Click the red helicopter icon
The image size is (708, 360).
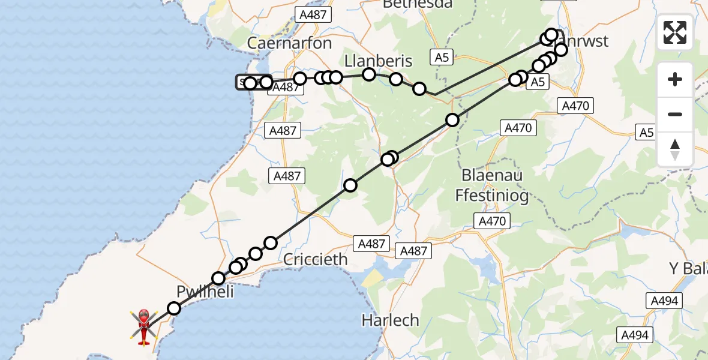[x=144, y=326]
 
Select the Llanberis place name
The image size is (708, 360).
[x=379, y=61]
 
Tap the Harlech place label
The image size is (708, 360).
[x=390, y=320]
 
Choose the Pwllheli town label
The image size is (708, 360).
[x=205, y=292]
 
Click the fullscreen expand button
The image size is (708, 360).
[x=675, y=32]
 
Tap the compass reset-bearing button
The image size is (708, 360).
[x=675, y=149]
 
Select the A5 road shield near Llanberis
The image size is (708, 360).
[x=442, y=58]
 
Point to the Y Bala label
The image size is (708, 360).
[x=688, y=268]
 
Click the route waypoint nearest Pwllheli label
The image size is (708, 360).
[x=218, y=278]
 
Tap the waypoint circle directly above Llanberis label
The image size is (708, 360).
[x=369, y=74]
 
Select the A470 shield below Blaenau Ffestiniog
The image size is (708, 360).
[x=492, y=221]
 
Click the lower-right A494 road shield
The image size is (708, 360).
[x=635, y=335]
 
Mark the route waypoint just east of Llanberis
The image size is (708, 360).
[x=396, y=79]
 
